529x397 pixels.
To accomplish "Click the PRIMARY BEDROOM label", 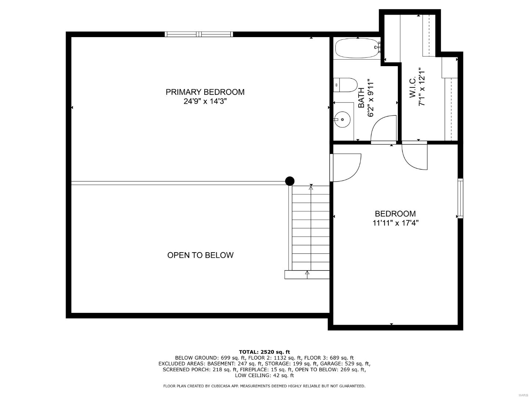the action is tap(205, 92).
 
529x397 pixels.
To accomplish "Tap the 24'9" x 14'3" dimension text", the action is tap(205, 101).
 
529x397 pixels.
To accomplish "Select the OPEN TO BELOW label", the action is tap(200, 255).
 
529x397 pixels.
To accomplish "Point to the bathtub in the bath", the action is tap(357, 48).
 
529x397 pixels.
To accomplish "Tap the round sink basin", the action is tap(342, 119).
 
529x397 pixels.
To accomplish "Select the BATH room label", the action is tap(361, 98).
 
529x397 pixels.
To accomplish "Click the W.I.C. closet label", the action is tap(413, 87).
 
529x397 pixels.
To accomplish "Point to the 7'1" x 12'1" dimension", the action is tap(422, 86).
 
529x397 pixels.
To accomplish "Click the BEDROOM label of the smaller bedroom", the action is tap(395, 214).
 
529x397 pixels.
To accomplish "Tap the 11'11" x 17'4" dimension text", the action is tap(396, 223).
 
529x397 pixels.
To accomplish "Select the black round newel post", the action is tap(290, 181).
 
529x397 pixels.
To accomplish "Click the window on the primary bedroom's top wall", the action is tap(199, 34).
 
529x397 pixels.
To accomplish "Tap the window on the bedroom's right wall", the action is tap(460, 198).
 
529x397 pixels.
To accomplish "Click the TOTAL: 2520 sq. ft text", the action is tap(264, 352).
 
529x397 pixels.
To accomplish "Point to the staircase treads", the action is tap(311, 228).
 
